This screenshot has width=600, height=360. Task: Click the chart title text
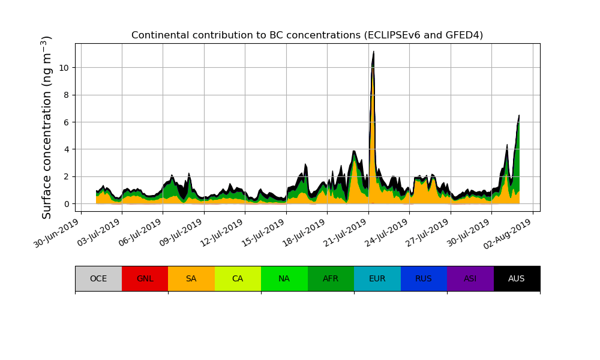[x=307, y=35]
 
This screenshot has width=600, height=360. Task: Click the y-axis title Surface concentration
[x=47, y=127]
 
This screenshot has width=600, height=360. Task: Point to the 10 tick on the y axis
[x=64, y=68]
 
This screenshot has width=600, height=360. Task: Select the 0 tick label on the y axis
[x=66, y=204]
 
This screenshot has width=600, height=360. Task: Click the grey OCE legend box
[x=98, y=278]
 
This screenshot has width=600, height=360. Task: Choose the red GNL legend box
[x=145, y=278]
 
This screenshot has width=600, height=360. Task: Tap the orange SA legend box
[x=191, y=278]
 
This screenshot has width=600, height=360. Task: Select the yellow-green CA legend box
[x=238, y=278]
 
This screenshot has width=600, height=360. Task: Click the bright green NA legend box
[x=284, y=278]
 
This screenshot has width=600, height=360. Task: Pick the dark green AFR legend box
[x=331, y=278]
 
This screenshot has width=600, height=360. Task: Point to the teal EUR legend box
[x=377, y=278]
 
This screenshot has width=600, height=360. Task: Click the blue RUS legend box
[x=424, y=278]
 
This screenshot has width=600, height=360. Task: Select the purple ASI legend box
[x=470, y=278]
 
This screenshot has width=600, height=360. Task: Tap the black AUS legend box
[x=517, y=278]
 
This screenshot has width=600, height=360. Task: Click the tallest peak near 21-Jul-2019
[x=373, y=53]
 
